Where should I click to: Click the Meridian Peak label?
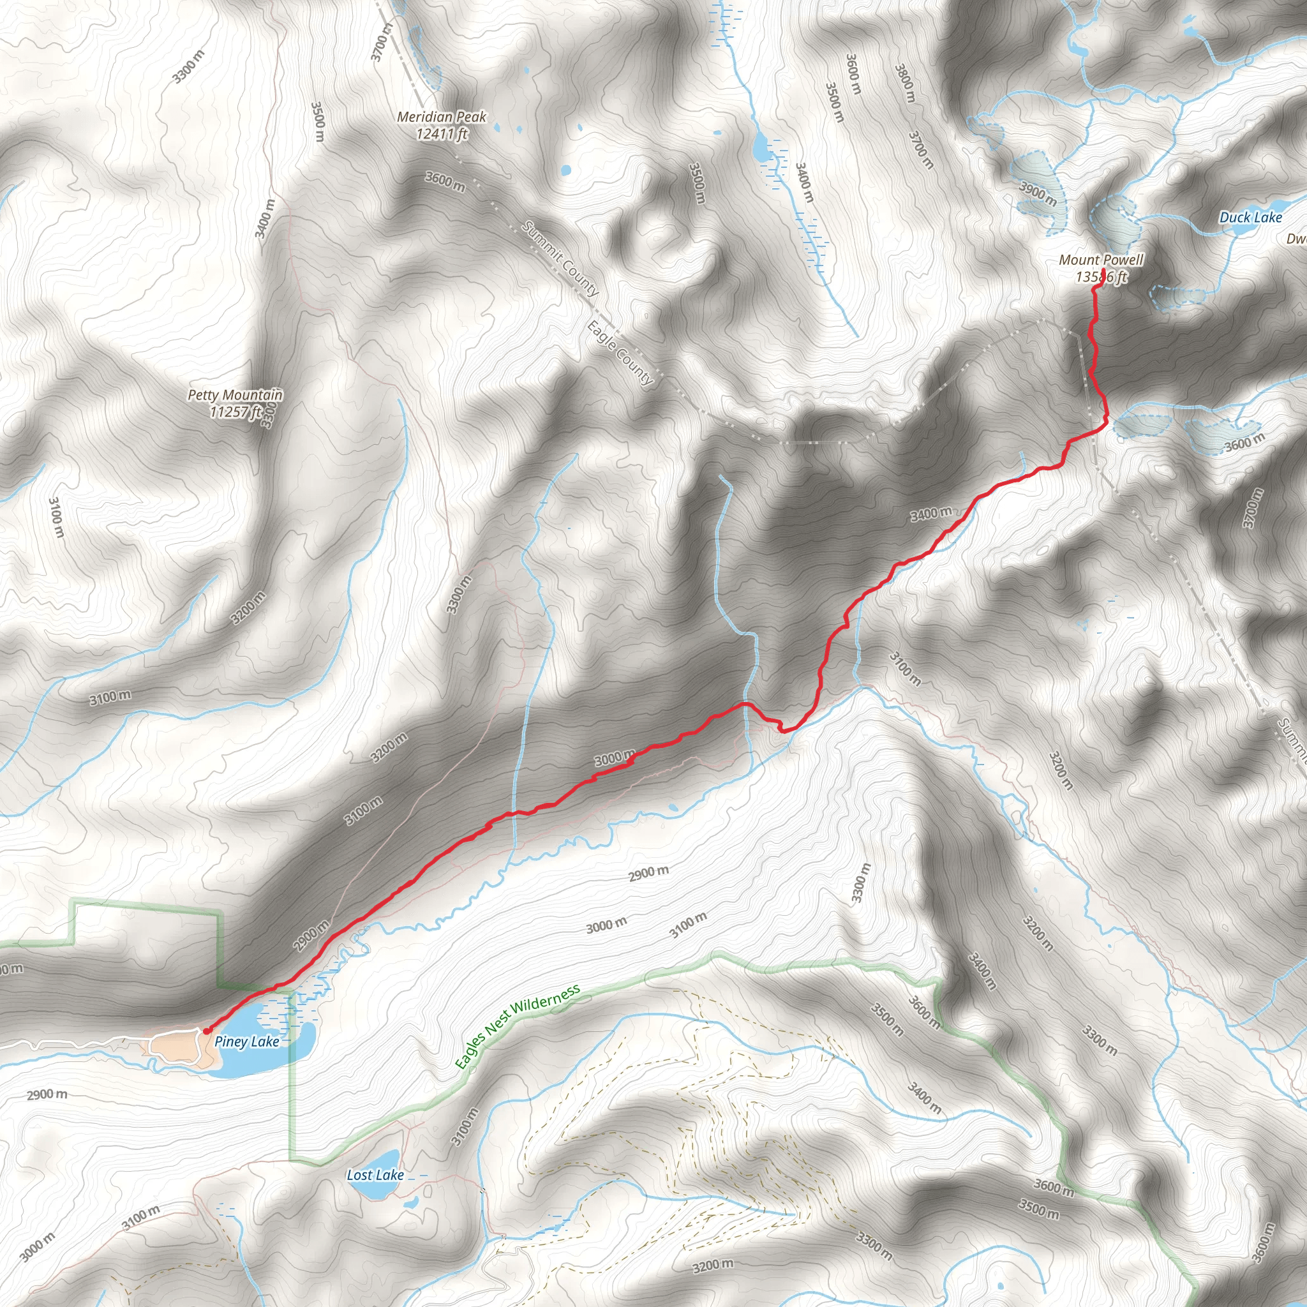pyautogui.click(x=441, y=117)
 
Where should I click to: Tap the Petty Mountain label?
pyautogui.click(x=235, y=395)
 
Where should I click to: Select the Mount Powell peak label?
pyautogui.click(x=1101, y=260)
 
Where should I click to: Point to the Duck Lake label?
pyautogui.click(x=1250, y=218)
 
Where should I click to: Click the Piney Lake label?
pyautogui.click(x=246, y=1042)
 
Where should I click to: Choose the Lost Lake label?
pyautogui.click(x=375, y=1175)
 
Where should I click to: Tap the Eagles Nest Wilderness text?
pyautogui.click(x=518, y=1027)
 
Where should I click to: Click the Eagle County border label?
pyautogui.click(x=620, y=353)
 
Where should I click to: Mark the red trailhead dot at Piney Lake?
pyautogui.click(x=205, y=1031)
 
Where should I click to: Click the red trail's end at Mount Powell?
pyautogui.click(x=1103, y=271)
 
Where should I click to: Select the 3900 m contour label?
pyautogui.click(x=1038, y=193)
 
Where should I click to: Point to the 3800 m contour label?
pyautogui.click(x=905, y=83)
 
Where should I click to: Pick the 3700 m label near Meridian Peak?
pyautogui.click(x=382, y=42)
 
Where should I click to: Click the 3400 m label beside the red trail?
pyautogui.click(x=930, y=515)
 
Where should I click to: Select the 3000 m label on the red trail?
pyautogui.click(x=615, y=758)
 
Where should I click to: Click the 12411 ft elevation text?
pyautogui.click(x=441, y=134)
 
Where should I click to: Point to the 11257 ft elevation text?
pyautogui.click(x=235, y=412)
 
